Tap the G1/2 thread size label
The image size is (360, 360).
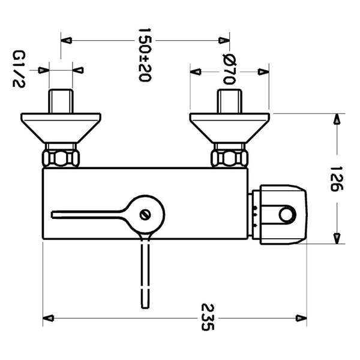[17, 70]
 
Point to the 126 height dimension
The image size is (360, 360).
[335, 178]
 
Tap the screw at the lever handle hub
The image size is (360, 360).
[144, 214]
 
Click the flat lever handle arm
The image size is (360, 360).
[90, 213]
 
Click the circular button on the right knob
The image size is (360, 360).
[287, 214]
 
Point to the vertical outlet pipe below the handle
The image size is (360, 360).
[144, 270]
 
